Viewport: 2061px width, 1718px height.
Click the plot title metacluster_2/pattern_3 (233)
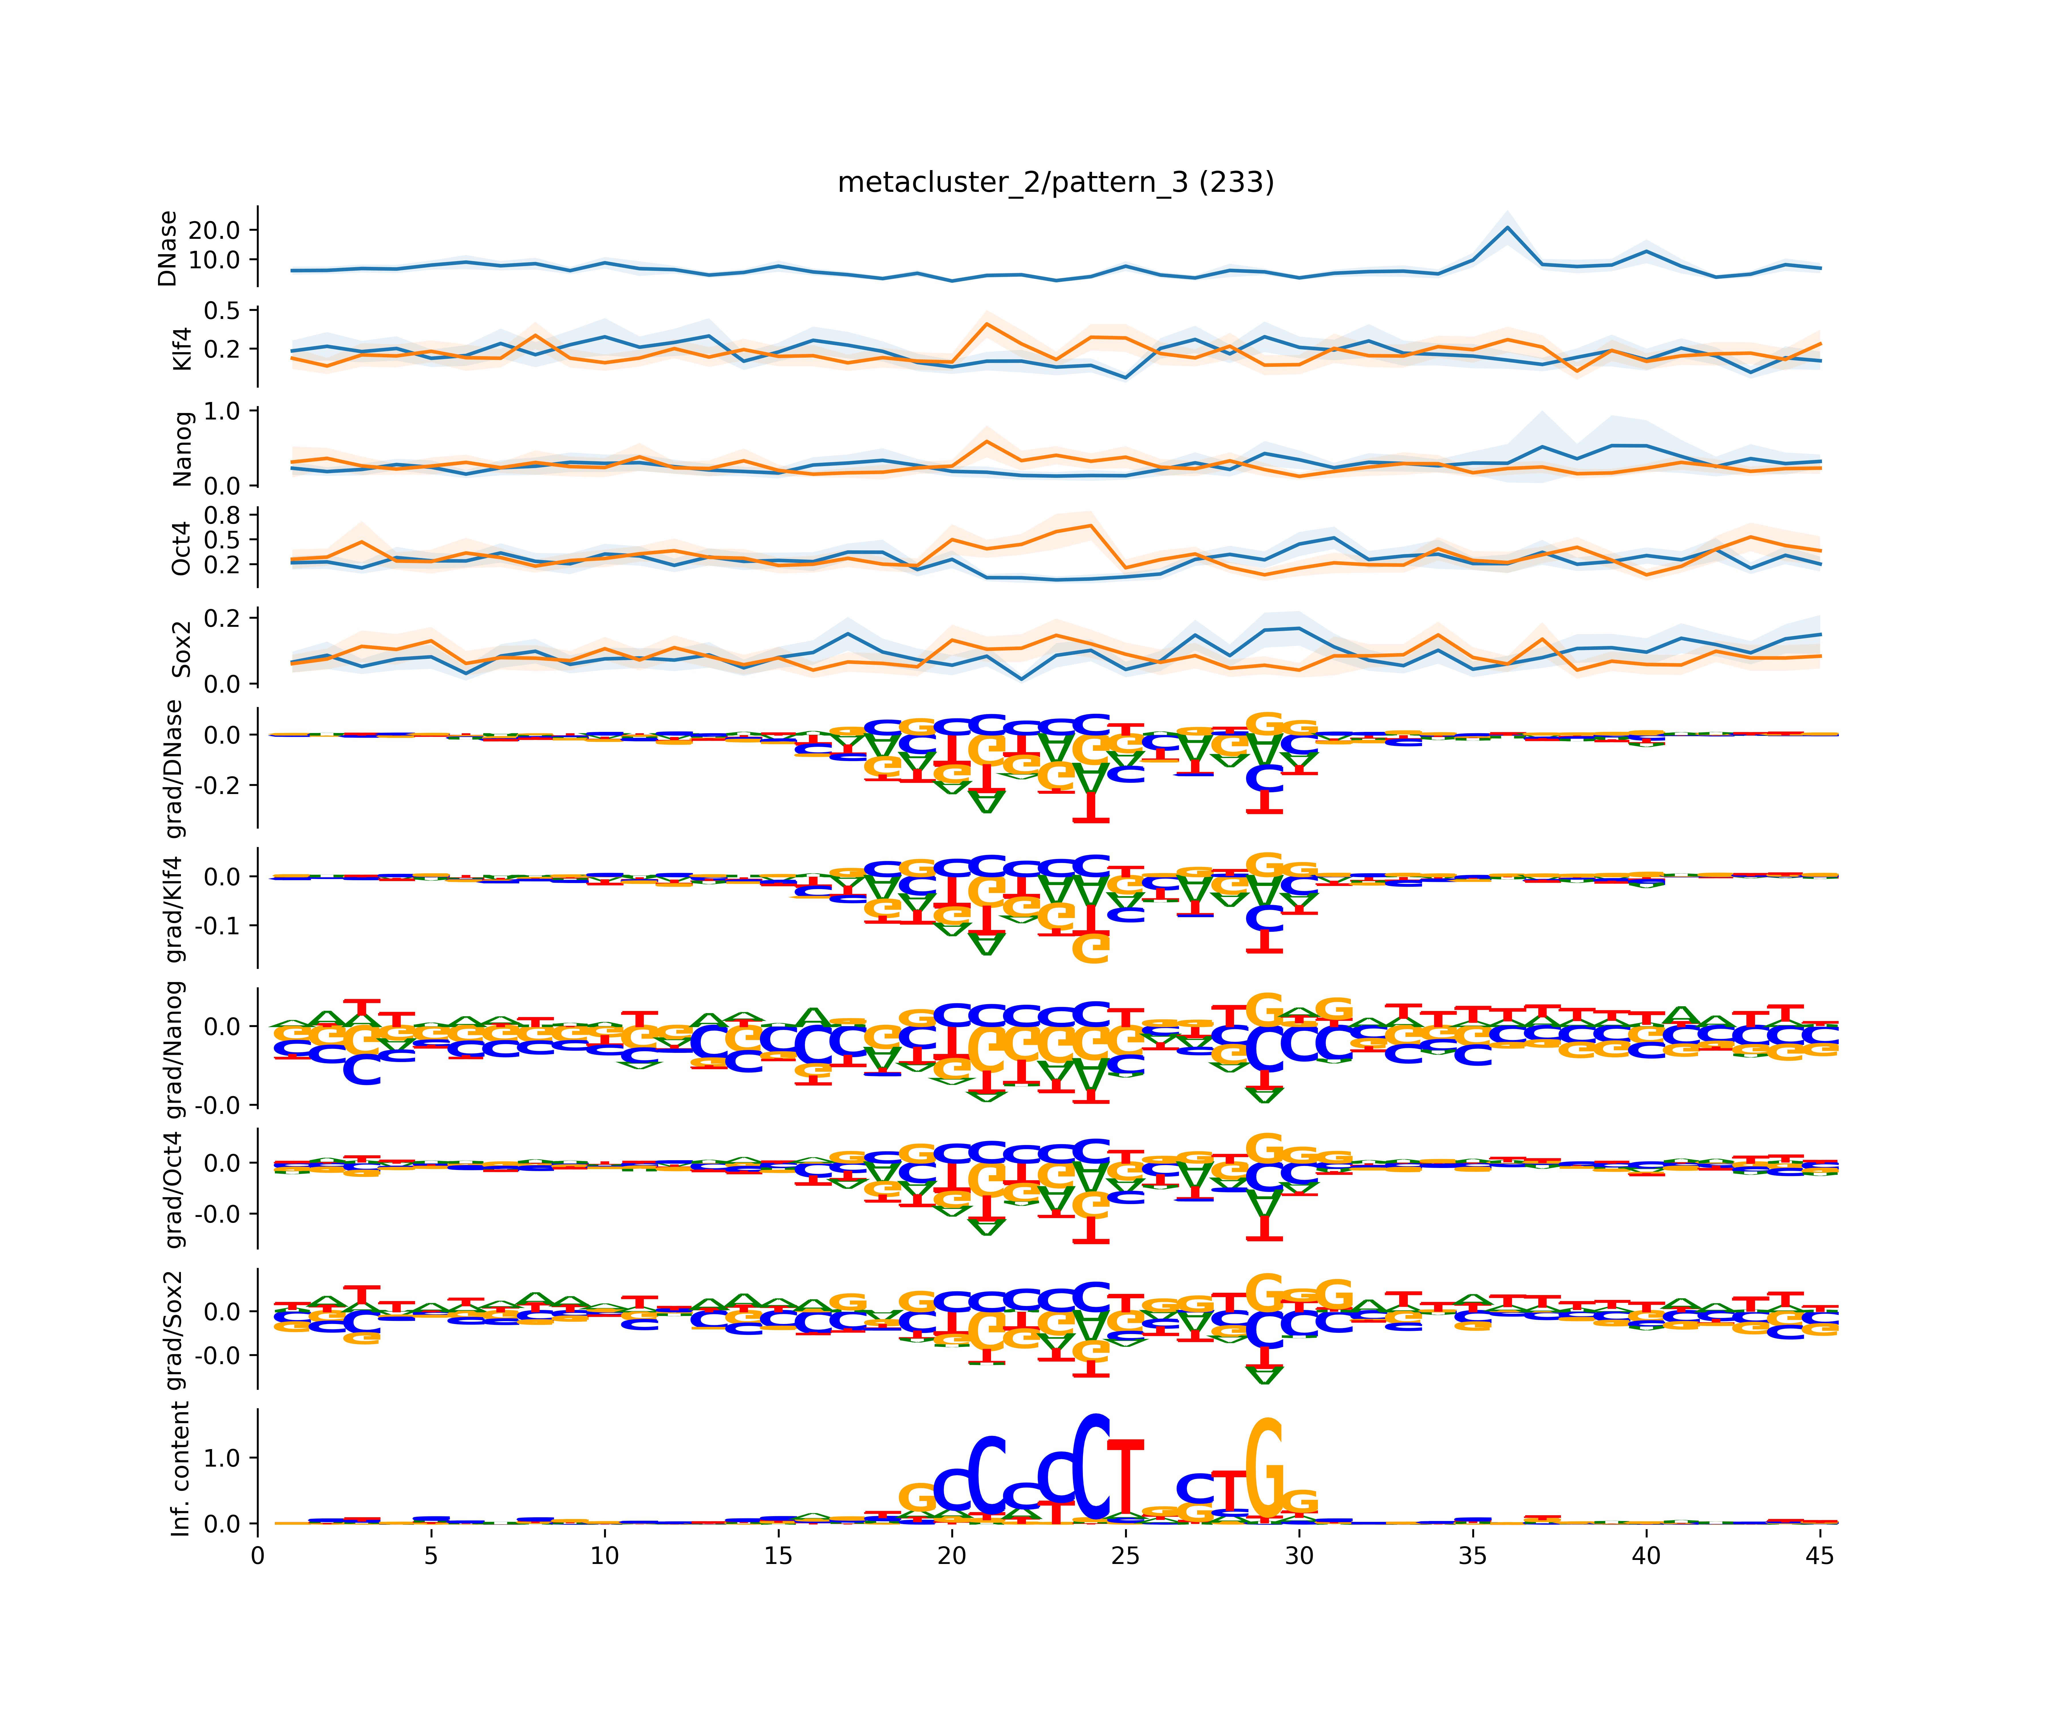pos(1055,183)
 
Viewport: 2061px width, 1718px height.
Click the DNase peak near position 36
pos(1507,228)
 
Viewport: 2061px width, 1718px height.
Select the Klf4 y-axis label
pos(181,348)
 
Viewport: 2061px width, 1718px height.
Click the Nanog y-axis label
pos(181,449)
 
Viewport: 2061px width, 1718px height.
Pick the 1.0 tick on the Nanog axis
pos(221,411)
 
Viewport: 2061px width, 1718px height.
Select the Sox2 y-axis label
pos(181,649)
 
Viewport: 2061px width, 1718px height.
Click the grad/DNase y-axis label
pos(174,769)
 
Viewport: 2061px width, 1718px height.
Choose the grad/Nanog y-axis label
pos(174,1049)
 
